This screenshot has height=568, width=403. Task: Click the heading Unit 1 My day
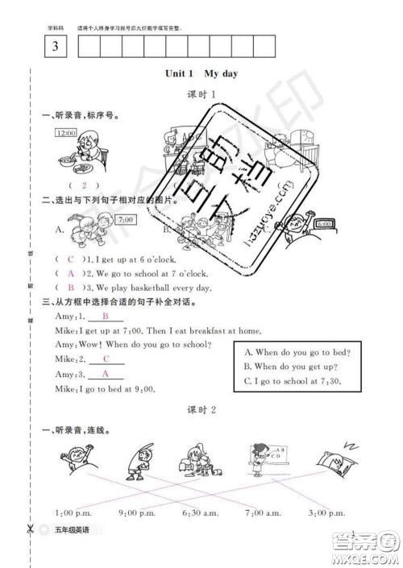201,73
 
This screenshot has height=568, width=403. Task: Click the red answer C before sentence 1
70,259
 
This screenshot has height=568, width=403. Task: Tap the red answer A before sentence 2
70,273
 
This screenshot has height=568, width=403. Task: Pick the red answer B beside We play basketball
70,287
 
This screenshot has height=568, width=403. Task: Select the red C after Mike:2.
105,359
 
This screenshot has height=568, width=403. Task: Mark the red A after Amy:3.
105,375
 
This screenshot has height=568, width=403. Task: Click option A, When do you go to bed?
291,351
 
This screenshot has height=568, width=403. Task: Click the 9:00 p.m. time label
136,512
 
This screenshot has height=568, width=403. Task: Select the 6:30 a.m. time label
201,512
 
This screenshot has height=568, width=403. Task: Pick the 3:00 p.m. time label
327,512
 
